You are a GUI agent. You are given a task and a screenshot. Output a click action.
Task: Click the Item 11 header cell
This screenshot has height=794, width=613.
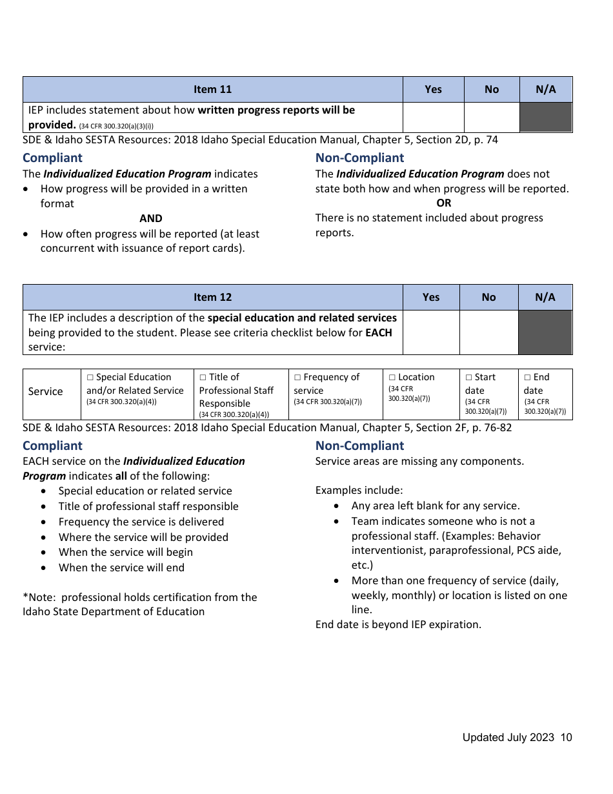point(212,90)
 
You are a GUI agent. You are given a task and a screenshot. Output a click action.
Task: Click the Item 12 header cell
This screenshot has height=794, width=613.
point(212,298)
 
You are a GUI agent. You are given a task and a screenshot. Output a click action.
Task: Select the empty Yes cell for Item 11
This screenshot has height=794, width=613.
point(433,117)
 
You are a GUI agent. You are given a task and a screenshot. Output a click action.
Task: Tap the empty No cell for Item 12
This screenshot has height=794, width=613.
point(488,332)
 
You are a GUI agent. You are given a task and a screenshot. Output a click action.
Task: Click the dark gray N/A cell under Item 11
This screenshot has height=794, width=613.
point(546,117)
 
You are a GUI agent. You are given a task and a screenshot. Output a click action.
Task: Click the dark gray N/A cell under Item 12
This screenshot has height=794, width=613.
point(545,332)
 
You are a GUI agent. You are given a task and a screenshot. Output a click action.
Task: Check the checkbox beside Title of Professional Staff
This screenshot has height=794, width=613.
point(203,378)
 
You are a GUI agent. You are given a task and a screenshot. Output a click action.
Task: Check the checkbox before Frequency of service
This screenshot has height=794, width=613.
point(297,378)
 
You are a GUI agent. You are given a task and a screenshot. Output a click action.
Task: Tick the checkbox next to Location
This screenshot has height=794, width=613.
point(392,378)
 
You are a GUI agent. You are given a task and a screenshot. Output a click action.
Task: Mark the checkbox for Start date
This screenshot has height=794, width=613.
point(469,378)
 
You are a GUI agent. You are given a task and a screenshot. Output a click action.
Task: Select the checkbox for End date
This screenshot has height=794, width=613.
point(527,378)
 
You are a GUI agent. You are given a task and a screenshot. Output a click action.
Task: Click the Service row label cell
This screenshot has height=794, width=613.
point(45,392)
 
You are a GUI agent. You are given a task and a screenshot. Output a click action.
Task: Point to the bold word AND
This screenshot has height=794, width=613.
point(151,219)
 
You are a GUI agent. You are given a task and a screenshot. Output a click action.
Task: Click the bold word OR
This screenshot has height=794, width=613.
point(444,203)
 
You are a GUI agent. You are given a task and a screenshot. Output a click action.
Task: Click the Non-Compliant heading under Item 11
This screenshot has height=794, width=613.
point(359,158)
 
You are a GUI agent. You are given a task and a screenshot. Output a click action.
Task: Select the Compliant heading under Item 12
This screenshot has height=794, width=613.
point(52,446)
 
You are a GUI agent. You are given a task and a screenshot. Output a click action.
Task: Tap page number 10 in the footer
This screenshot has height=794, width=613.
point(566,738)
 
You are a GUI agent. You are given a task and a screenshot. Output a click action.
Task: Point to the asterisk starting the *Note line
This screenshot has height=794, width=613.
point(25,597)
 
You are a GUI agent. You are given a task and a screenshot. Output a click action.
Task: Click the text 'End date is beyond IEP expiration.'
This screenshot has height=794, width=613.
point(398,625)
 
